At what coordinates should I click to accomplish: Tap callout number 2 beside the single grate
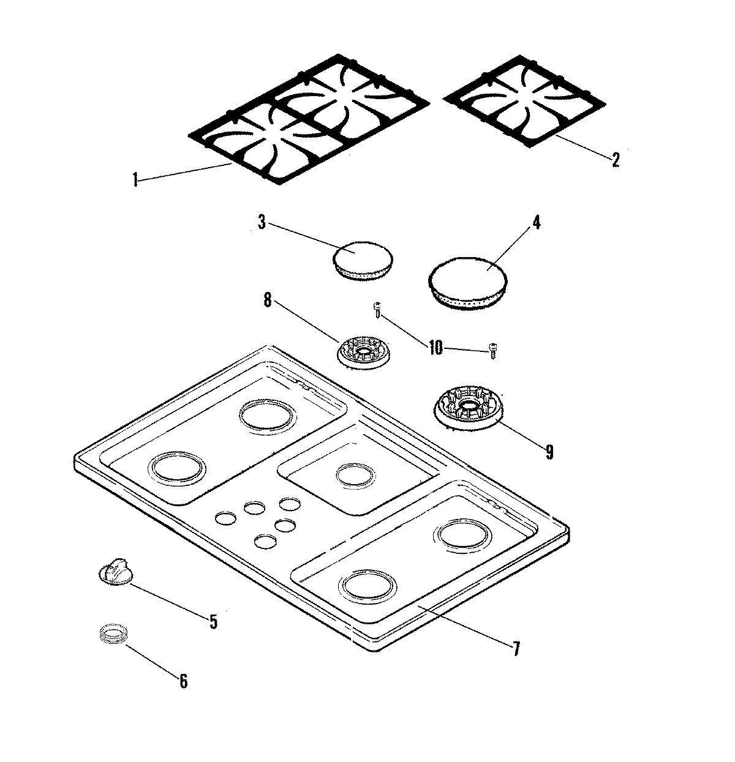tap(615, 160)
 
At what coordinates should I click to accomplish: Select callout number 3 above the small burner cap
tap(262, 223)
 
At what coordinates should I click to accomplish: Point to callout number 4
tap(536, 222)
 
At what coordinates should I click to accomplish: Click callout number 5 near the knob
tap(213, 622)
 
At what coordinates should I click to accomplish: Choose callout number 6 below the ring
tap(183, 681)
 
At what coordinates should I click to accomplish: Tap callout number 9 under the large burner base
tap(549, 452)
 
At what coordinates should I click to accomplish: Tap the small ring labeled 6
tap(112, 633)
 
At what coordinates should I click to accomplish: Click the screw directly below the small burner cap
tap(378, 311)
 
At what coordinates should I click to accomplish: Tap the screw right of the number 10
tap(492, 349)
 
